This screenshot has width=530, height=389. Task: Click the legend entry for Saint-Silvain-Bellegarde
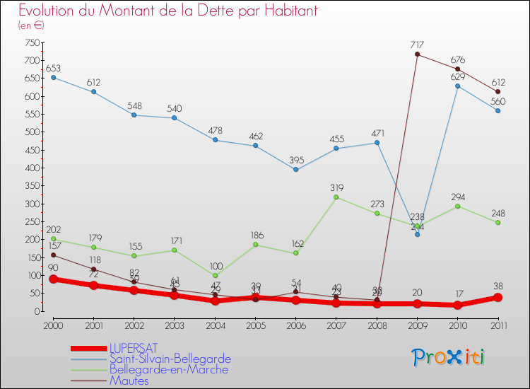tap(170, 359)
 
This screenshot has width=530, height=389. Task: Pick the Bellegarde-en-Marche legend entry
tap(168, 370)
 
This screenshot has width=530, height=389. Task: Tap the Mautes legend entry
tap(129, 381)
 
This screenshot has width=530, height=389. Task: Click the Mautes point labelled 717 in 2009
tap(417, 54)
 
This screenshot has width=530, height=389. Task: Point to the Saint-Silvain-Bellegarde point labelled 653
tap(53, 77)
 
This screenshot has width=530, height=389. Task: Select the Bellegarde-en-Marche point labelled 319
tap(336, 197)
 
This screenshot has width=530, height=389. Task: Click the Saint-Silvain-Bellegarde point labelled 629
tap(458, 86)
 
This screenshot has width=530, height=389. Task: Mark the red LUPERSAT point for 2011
tap(498, 298)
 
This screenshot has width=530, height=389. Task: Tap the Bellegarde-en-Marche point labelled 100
tap(215, 275)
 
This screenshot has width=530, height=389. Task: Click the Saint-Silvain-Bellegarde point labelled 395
tap(295, 170)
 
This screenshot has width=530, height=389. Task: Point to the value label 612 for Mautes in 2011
tap(498, 82)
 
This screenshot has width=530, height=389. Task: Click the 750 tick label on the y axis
tap(32, 42)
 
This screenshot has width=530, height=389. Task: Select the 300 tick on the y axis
tap(32, 204)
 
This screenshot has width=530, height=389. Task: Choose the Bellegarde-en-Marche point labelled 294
tap(458, 206)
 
